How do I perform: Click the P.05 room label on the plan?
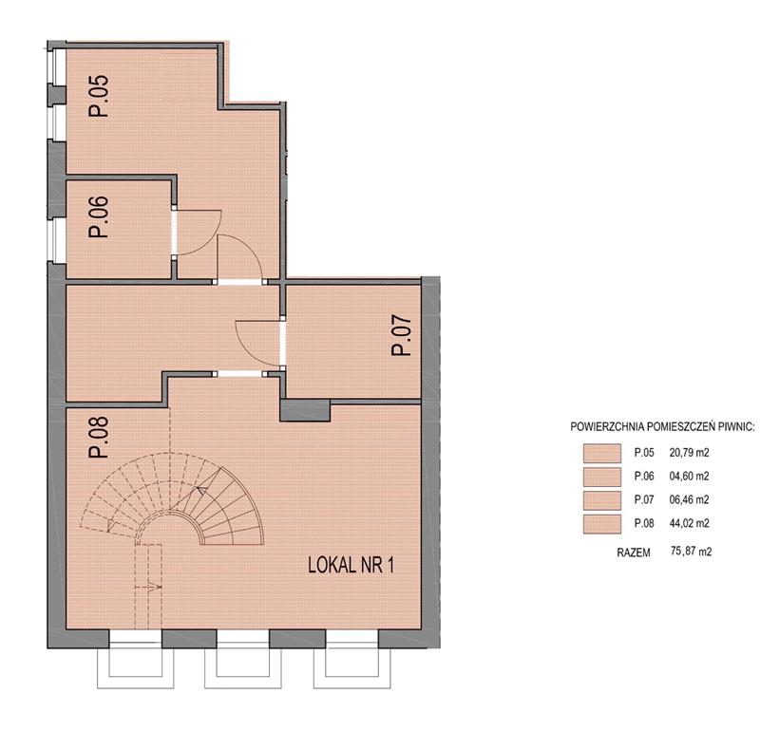coord(99,96)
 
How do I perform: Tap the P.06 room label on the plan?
coord(99,216)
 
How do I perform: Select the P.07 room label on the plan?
coord(401,336)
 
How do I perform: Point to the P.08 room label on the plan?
coord(99,438)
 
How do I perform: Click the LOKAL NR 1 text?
coord(351,565)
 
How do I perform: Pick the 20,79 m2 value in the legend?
coord(689,453)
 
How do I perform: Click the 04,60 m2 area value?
coord(689,477)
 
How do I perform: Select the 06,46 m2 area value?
coord(689,499)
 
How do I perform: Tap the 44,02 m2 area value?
coord(689,523)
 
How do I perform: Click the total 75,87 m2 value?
coord(692,552)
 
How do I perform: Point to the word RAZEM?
coord(634,553)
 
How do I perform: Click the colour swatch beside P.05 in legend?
coord(602,454)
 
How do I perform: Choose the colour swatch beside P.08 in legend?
coord(602,524)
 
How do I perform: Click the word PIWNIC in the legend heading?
coord(737,427)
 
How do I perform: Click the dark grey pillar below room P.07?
coord(305,410)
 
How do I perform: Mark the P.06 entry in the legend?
coord(644,477)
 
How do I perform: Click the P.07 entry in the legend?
coord(644,499)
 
